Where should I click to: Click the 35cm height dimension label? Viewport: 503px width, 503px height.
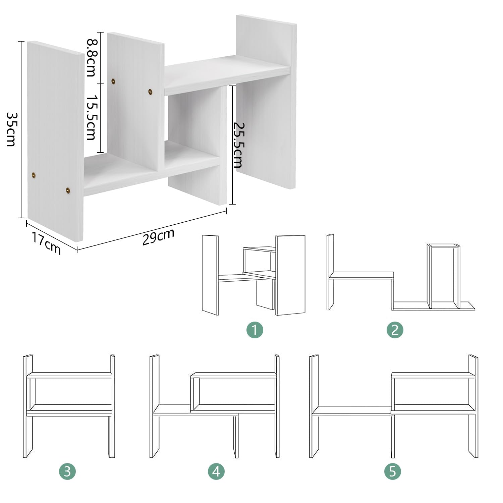[x=11, y=129]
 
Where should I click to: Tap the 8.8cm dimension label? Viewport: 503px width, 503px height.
[x=91, y=57]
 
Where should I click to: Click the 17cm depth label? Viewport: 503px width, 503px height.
[x=46, y=243]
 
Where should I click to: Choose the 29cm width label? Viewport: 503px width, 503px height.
[x=158, y=237]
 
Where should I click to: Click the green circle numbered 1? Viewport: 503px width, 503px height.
[x=255, y=330]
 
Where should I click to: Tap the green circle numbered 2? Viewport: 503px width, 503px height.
[x=395, y=330]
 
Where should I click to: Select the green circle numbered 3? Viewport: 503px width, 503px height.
[x=67, y=471]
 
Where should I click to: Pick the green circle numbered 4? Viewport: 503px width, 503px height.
[x=216, y=471]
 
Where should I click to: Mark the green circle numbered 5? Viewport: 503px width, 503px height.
[x=393, y=471]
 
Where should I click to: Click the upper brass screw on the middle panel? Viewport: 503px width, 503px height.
[x=113, y=81]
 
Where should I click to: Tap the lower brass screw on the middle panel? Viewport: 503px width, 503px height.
[x=150, y=91]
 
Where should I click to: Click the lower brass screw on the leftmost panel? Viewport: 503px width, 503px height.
[x=68, y=190]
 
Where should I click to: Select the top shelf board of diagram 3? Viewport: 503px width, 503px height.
[x=69, y=375]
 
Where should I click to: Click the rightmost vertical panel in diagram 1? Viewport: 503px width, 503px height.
[x=290, y=275]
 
